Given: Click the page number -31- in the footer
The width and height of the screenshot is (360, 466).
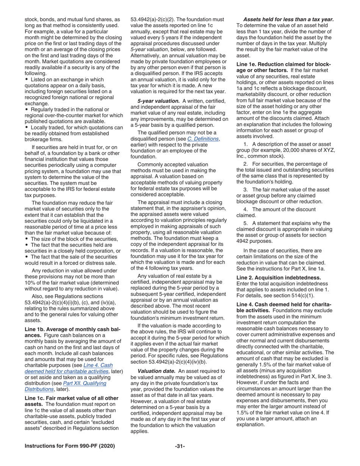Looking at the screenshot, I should tap(180, 446).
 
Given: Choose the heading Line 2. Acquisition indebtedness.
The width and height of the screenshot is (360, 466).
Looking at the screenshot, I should tap(279, 277).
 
